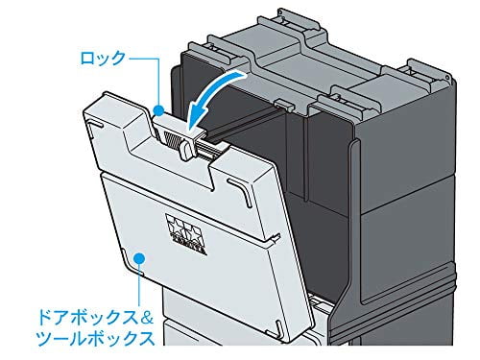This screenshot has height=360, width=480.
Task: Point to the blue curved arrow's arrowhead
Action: click(x=197, y=126)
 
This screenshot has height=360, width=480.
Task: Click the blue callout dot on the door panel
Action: click(x=140, y=257)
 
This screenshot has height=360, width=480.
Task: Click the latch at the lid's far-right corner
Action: click(x=421, y=71)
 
